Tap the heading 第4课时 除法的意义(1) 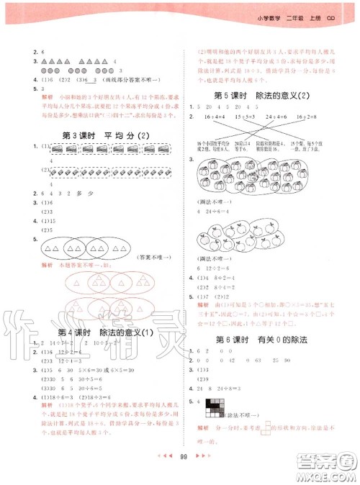pos(104,332)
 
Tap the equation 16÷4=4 pos(216,115)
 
